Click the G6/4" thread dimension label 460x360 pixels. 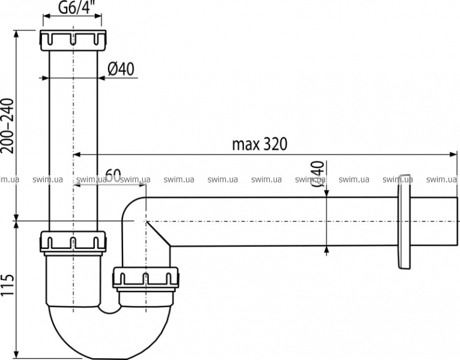(73, 7)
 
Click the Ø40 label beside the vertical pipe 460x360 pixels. (121, 70)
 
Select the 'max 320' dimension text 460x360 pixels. (259, 144)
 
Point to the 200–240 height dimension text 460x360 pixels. (7, 126)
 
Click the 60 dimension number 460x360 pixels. (113, 176)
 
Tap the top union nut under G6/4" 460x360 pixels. (73, 40)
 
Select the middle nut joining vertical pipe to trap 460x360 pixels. (73, 242)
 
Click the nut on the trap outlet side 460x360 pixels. (146, 278)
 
